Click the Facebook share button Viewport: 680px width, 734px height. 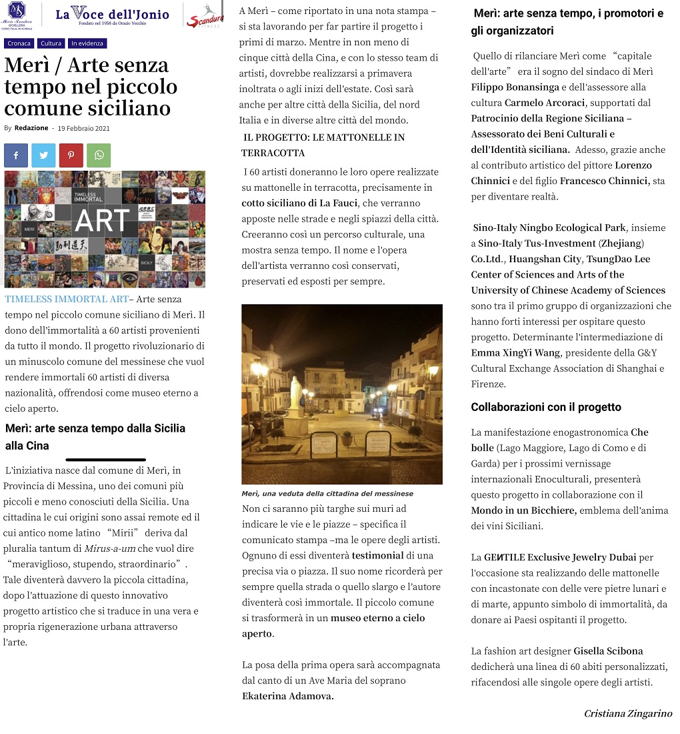[x=16, y=155]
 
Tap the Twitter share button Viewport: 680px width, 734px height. [x=43, y=155]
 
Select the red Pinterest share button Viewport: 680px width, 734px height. [x=71, y=155]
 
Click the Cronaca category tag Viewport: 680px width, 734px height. [x=19, y=43]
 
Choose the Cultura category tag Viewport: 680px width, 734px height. [x=51, y=43]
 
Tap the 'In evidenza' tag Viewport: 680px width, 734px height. [x=87, y=43]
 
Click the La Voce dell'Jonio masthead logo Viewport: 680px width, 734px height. [x=112, y=14]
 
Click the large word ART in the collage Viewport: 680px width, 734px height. [x=103, y=221]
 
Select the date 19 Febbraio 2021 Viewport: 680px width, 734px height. [x=83, y=128]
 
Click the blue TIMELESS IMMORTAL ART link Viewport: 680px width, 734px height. [x=66, y=299]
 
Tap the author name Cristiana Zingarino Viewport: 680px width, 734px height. [x=627, y=713]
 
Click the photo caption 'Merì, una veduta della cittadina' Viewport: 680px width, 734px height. [x=327, y=494]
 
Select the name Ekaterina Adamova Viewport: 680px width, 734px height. [x=287, y=696]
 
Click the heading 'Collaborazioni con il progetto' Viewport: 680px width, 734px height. [x=545, y=407]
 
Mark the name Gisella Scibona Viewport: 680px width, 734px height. [x=608, y=651]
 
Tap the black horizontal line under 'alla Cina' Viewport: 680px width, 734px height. [x=106, y=459]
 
